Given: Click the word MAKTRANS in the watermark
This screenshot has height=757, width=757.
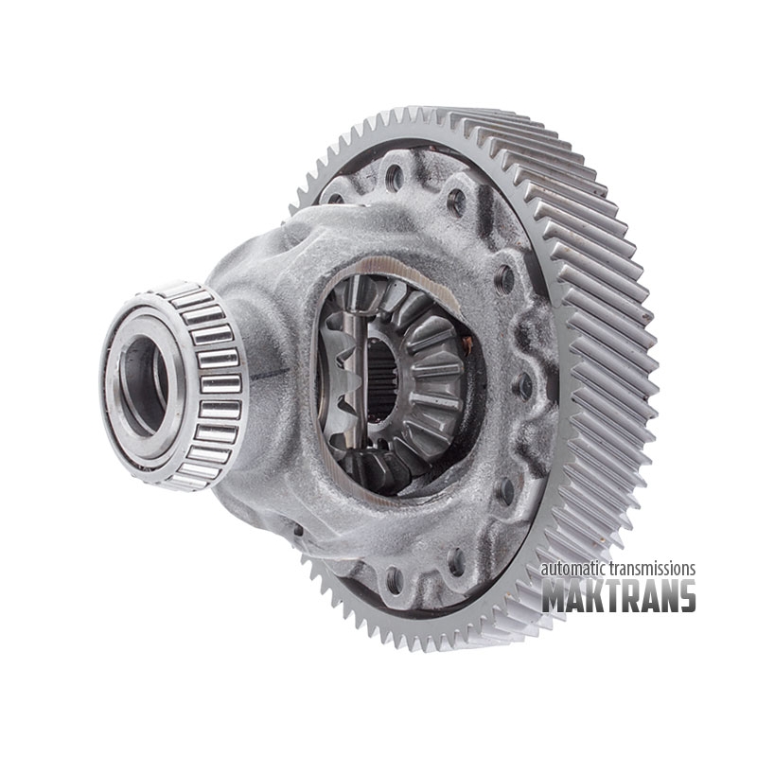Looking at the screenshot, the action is pyautogui.click(x=619, y=596).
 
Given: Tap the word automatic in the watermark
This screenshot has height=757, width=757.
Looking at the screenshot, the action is pyautogui.click(x=573, y=569).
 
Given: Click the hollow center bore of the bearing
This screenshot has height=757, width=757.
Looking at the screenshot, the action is pyautogui.click(x=143, y=385).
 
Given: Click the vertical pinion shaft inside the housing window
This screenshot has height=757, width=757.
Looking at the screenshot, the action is pyautogui.click(x=359, y=367).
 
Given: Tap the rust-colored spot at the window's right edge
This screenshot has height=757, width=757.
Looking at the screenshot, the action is pyautogui.click(x=467, y=343).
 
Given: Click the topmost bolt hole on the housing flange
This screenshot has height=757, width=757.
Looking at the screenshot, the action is pyautogui.click(x=395, y=177).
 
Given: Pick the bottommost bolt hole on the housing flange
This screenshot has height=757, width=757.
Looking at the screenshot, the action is pyautogui.click(x=394, y=579).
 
